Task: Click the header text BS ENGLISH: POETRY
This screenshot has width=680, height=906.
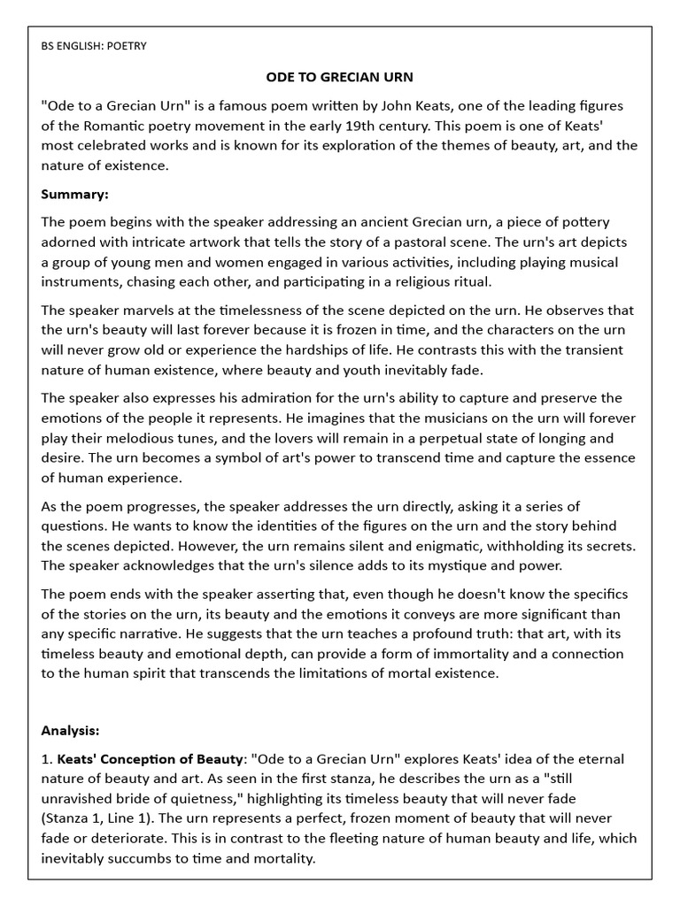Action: [x=94, y=46]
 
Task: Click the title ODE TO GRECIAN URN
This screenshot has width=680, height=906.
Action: [x=339, y=78]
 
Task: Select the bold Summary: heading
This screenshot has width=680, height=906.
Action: [x=75, y=194]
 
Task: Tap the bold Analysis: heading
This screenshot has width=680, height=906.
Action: [x=70, y=731]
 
